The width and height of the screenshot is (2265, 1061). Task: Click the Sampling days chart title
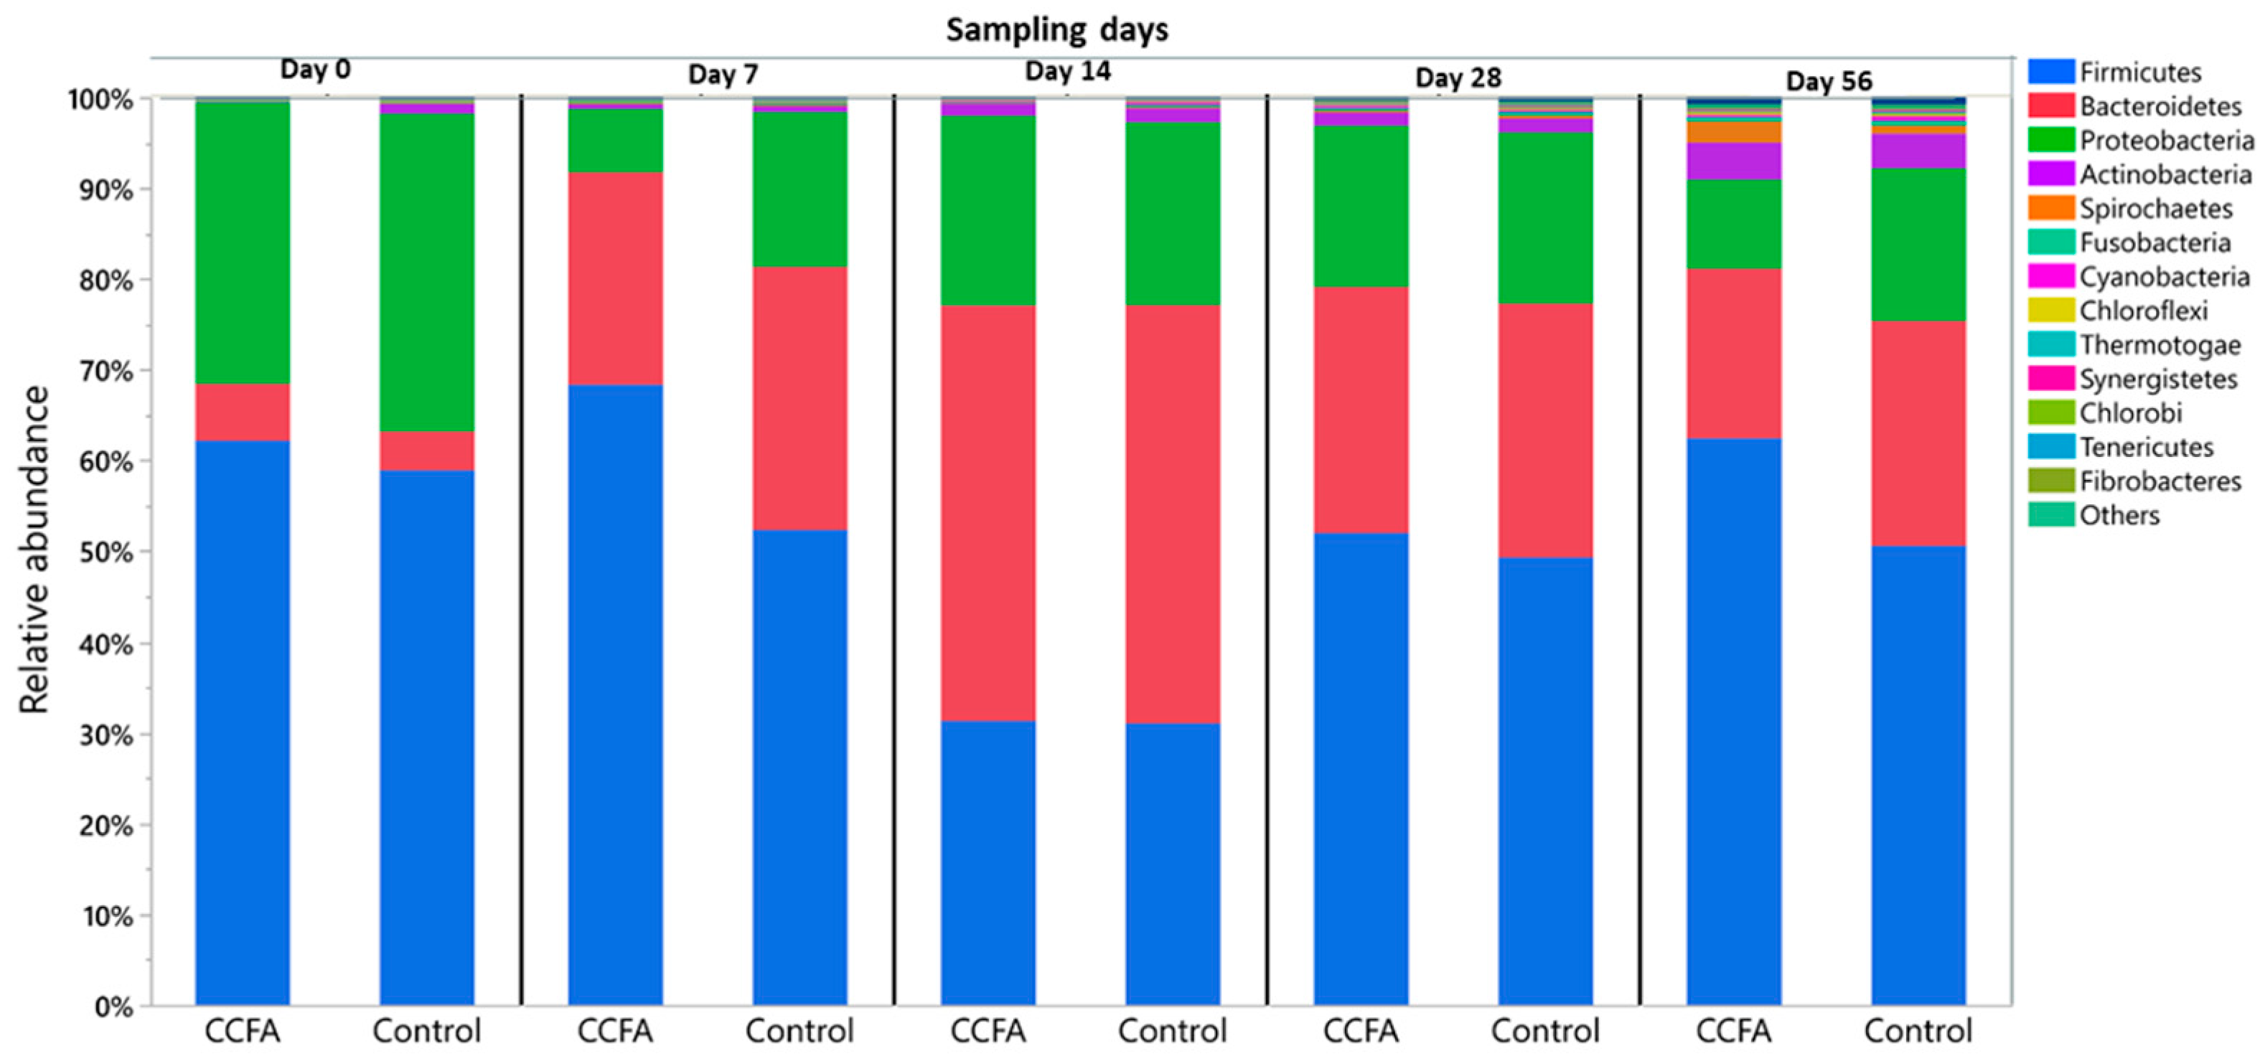pos(1057,30)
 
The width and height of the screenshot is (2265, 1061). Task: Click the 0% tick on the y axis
pos(113,1006)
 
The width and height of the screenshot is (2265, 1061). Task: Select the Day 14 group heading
pos(1067,71)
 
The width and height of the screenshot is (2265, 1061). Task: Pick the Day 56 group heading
pos(1829,82)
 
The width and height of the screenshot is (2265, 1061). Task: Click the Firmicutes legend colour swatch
pos(2050,72)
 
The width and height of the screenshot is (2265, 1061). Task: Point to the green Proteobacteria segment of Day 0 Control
pos(426,273)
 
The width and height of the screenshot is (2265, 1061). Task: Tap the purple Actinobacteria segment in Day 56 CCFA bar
pos(1733,161)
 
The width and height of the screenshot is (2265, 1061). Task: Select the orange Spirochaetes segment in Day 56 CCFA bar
pos(1733,132)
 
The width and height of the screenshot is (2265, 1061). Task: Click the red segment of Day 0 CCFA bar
pos(242,411)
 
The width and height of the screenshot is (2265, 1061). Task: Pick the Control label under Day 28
pos(1545,1030)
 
